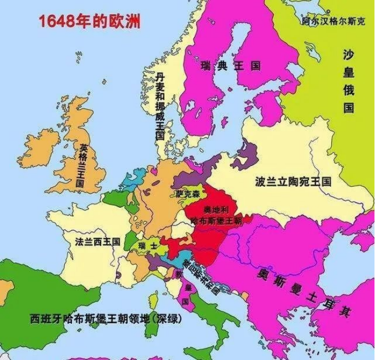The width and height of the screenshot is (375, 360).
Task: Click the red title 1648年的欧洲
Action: point(89,22)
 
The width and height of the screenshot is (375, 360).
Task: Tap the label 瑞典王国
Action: point(230,66)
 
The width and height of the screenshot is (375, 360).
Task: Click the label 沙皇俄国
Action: point(348,81)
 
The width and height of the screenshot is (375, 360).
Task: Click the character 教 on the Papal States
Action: point(178,274)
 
